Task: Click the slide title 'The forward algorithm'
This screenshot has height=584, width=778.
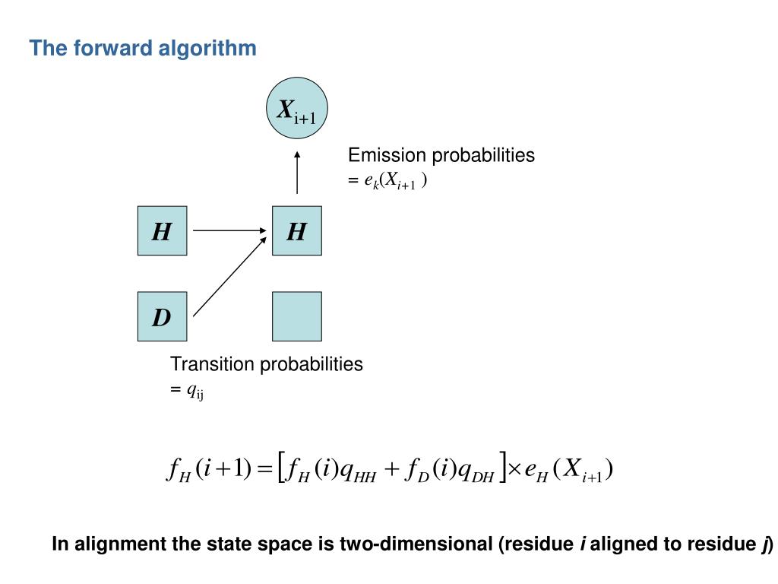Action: [143, 49]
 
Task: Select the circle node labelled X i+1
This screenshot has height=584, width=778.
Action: [297, 111]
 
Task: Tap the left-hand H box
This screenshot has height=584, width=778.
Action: [162, 230]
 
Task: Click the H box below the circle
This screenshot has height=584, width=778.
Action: [297, 230]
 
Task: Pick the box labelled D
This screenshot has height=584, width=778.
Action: [162, 316]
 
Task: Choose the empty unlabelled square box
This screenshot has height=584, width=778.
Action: [297, 316]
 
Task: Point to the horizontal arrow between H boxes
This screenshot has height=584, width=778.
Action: [228, 230]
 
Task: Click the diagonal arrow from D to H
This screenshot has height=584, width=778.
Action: [229, 275]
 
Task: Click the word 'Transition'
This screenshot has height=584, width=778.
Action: [212, 364]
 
